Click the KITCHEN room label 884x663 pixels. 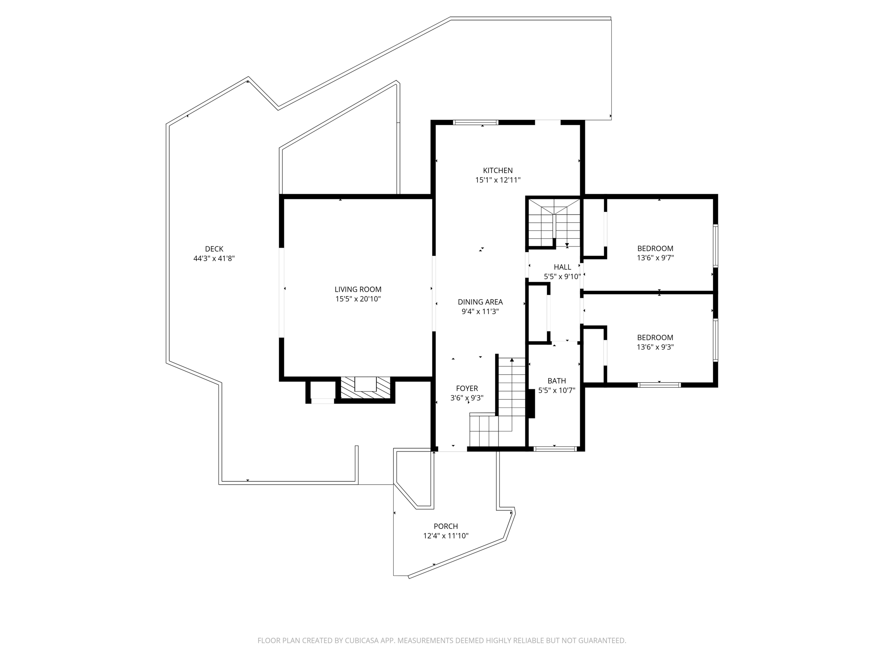click(498, 170)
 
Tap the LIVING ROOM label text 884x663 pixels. click(358, 289)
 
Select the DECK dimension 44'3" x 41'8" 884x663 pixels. click(214, 259)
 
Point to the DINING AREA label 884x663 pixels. click(480, 302)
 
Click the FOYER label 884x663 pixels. click(467, 388)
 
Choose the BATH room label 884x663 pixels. click(556, 381)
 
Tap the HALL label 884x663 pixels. click(562, 267)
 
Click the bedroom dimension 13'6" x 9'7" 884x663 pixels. click(655, 258)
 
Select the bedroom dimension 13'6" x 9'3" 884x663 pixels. click(655, 347)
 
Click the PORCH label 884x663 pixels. click(445, 526)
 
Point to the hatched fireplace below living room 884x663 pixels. click(365, 388)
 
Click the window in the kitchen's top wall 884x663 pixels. click(476, 123)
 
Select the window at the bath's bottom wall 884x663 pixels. click(555, 449)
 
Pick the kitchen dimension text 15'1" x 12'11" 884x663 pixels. click(498, 180)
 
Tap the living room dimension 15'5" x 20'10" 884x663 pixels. click(358, 299)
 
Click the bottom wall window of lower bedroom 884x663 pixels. click(659, 385)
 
